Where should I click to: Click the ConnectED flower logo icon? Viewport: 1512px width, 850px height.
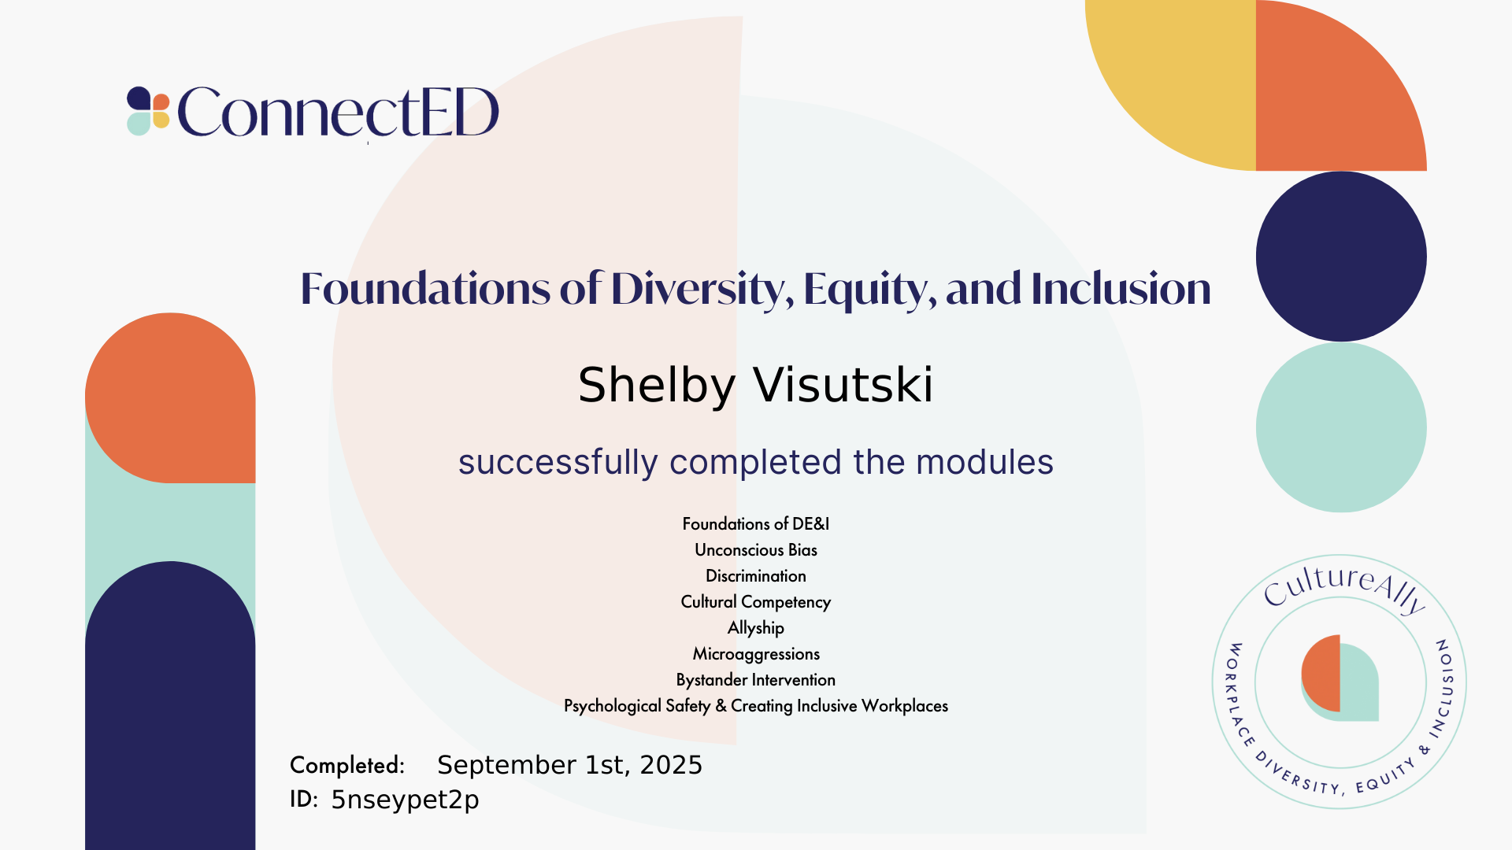(x=149, y=111)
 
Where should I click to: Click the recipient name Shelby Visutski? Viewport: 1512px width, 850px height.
(x=756, y=386)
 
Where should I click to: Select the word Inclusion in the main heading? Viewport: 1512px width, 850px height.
(x=1121, y=288)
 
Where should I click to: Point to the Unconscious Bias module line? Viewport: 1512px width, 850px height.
(x=756, y=550)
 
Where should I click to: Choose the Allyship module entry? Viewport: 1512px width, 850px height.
(x=756, y=628)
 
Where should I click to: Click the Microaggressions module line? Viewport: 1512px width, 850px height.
(x=756, y=654)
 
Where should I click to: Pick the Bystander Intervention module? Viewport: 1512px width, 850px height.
(x=756, y=680)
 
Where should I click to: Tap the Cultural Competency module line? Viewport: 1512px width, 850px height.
(x=756, y=602)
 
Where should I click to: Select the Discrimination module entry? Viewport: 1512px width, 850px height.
(x=756, y=576)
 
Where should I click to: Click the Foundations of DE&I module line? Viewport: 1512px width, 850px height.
(x=756, y=524)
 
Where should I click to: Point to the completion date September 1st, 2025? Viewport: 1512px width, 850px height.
(x=569, y=765)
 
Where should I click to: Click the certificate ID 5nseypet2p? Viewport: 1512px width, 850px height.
(x=405, y=800)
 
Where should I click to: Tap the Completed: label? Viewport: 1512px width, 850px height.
(x=347, y=765)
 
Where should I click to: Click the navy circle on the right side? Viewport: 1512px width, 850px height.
(x=1341, y=257)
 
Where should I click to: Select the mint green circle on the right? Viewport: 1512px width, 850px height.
(x=1341, y=427)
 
